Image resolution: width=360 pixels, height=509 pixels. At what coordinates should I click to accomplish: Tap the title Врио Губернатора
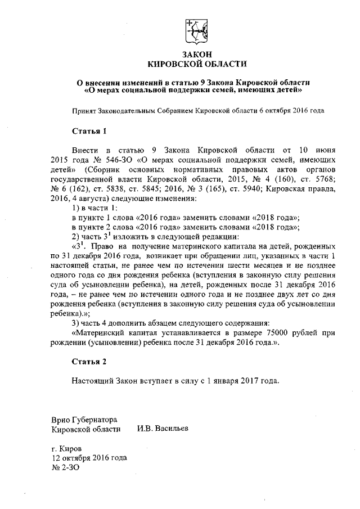[x=83, y=420]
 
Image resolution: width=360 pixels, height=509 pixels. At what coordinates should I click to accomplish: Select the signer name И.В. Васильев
[x=163, y=429]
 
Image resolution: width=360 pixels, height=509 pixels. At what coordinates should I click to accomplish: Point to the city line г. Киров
[x=66, y=449]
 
